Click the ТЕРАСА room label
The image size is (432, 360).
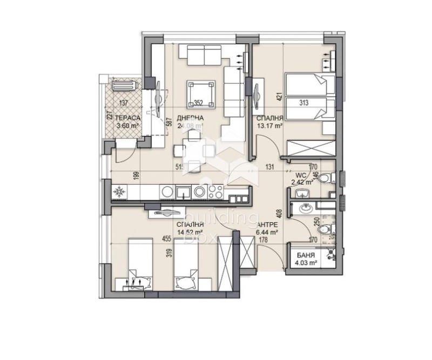point(128,118)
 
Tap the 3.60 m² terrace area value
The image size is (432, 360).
point(128,127)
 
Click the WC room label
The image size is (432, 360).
point(301,175)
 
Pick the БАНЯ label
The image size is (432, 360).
point(304,255)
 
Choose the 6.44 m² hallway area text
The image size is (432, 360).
point(267,233)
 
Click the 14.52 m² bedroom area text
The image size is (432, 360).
point(190,233)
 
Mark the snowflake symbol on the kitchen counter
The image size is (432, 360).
point(118,191)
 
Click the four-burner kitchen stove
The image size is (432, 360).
point(215,191)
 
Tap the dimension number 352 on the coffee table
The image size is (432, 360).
point(199,104)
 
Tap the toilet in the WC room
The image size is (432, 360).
point(323,179)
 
